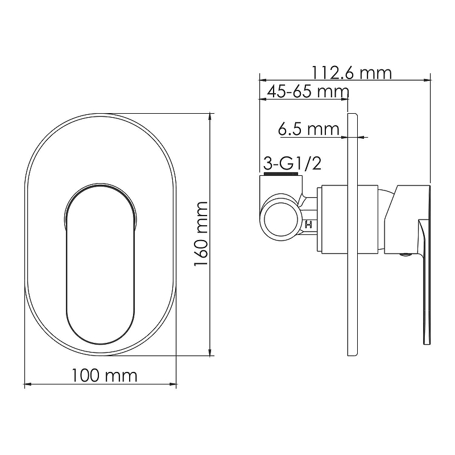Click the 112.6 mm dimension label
click(x=351, y=73)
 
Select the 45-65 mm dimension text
click(x=308, y=92)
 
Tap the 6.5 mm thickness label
click(x=308, y=129)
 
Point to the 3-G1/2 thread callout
click(x=292, y=164)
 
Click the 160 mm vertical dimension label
click(x=201, y=234)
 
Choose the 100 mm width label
click(x=104, y=375)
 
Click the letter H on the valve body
click(x=308, y=224)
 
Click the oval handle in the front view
click(x=100, y=263)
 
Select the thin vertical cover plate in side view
click(x=353, y=234)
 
